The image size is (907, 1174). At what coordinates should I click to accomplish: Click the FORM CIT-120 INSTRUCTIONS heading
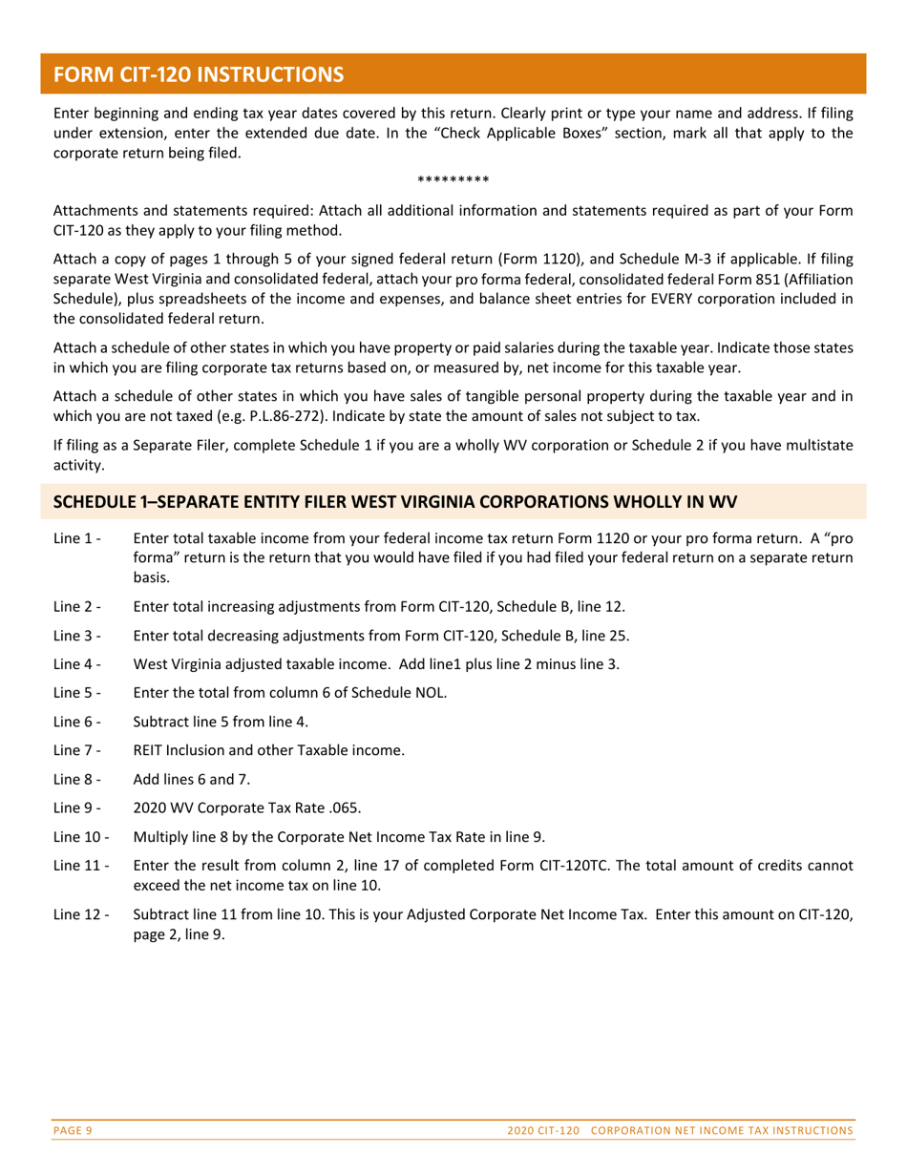click(198, 73)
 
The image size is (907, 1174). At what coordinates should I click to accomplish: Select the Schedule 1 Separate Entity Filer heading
click(394, 501)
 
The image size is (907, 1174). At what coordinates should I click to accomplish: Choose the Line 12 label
click(81, 914)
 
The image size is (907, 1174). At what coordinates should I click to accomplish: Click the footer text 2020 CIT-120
click(545, 1130)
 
